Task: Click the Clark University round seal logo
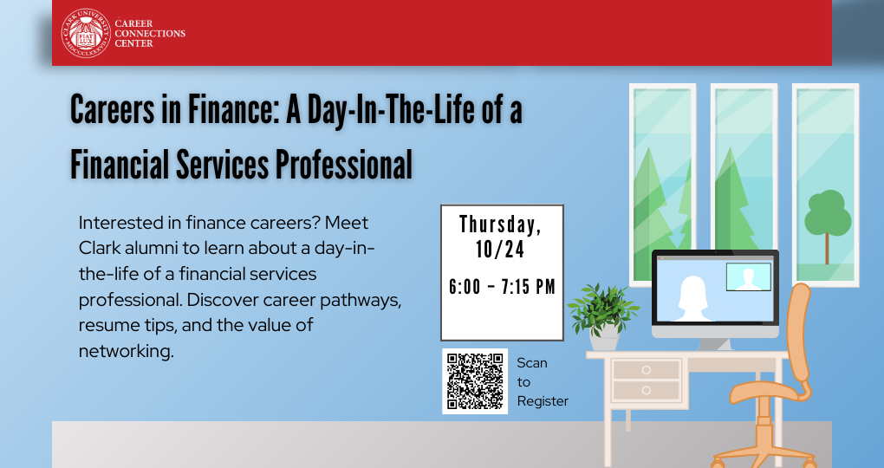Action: (x=85, y=33)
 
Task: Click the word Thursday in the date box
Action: (x=501, y=224)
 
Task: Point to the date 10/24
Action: (x=501, y=250)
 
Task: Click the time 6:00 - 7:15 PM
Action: (x=502, y=287)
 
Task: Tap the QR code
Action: (x=475, y=381)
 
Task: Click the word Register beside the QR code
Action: (x=543, y=400)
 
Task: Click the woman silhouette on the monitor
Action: (x=693, y=298)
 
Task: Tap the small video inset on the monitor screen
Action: (x=748, y=276)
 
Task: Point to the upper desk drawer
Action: (x=646, y=370)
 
